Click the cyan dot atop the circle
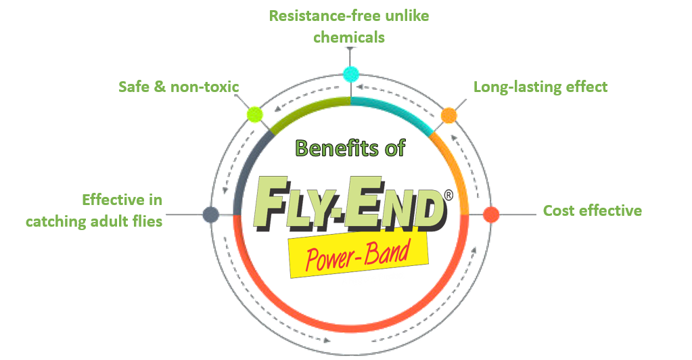[x=350, y=74]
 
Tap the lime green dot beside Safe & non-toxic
[x=254, y=114]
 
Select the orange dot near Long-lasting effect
[x=448, y=115]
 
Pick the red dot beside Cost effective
[x=492, y=215]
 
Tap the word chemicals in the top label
[x=350, y=37]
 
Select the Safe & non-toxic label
[x=179, y=87]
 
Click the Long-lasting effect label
[x=540, y=87]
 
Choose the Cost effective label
[x=593, y=210]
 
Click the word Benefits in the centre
[x=330, y=148]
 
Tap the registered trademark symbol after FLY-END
[x=448, y=196]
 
